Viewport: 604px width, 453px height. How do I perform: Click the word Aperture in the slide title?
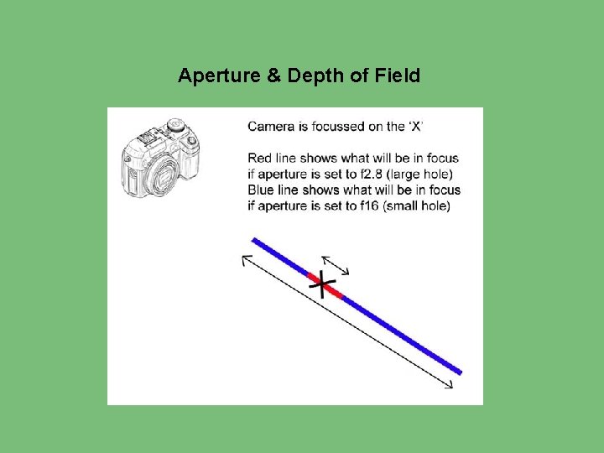pos(219,76)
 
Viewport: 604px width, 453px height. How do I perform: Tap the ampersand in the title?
pos(274,76)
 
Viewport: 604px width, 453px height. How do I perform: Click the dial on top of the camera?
pos(174,126)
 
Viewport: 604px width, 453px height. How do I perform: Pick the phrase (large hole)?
pos(419,174)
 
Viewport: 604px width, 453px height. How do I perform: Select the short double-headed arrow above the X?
pos(335,265)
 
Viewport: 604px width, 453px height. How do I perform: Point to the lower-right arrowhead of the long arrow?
pos(450,385)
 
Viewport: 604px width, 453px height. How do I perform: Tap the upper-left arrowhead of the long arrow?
pos(246,259)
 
